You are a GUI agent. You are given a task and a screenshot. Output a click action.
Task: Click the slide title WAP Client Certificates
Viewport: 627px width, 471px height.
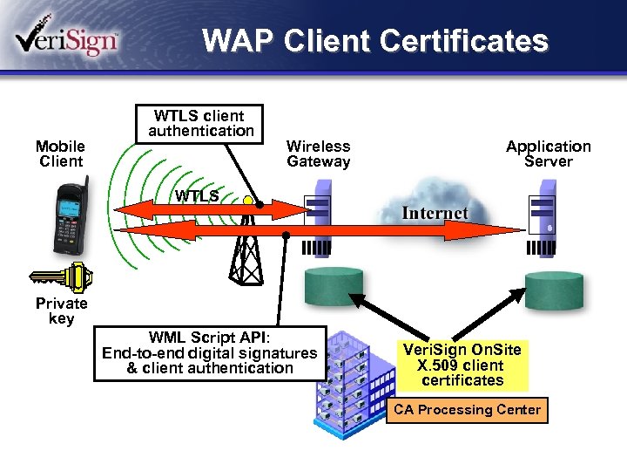point(375,41)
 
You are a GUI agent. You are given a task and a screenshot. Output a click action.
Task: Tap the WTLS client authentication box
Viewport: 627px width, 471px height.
point(200,123)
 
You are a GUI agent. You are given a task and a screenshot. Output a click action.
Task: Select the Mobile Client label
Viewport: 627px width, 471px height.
point(60,154)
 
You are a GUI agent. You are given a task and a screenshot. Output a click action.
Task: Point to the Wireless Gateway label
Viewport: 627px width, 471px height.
point(318,154)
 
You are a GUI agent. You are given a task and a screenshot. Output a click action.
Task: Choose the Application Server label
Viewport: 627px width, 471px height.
point(548,154)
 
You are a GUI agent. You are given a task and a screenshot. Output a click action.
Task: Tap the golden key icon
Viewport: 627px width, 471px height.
point(61,278)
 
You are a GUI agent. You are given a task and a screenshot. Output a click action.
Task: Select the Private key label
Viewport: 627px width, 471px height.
point(61,311)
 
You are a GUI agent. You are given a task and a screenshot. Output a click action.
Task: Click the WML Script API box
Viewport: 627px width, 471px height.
point(209,353)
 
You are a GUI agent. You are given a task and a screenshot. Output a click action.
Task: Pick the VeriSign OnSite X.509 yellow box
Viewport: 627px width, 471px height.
point(462,365)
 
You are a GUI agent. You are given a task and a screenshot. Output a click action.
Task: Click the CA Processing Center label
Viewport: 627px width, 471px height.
point(467,410)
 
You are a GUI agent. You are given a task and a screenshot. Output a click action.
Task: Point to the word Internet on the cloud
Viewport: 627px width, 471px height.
point(435,213)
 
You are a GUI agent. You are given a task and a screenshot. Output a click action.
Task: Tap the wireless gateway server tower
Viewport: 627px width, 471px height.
point(318,214)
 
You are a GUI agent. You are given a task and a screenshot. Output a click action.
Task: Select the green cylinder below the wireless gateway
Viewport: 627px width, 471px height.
point(333,284)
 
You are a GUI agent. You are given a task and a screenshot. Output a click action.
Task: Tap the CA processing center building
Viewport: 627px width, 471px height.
point(348,384)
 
